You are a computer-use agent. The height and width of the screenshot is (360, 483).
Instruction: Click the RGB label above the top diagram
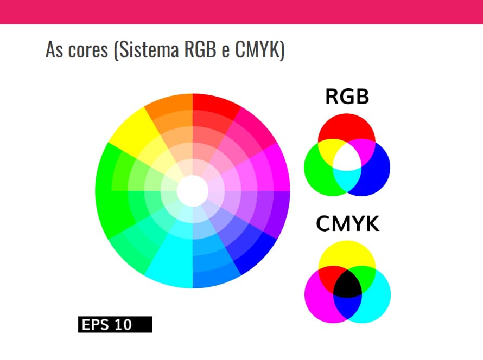(347, 97)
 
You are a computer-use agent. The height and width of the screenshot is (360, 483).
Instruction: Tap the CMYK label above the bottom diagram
(347, 223)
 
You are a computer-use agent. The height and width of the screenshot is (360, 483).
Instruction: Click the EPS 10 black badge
(115, 324)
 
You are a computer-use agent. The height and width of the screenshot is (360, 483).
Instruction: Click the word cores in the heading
(88, 50)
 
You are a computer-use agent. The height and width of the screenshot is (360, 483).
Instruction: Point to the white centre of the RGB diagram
(347, 157)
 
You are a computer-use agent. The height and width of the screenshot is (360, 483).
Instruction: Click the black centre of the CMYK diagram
(347, 284)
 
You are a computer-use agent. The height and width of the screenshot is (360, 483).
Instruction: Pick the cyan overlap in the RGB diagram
(347, 181)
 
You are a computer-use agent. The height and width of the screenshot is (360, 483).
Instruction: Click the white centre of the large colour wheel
(193, 191)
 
